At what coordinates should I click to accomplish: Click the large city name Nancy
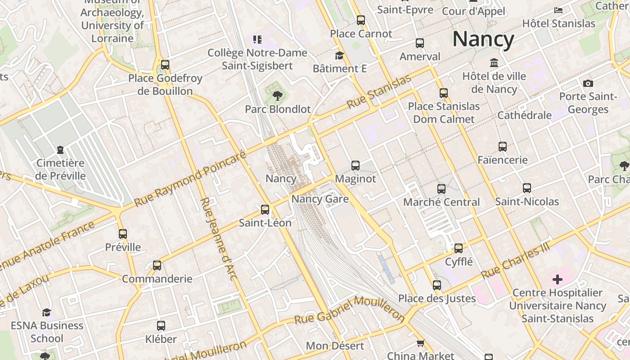[483, 39]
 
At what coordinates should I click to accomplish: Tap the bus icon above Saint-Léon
[265, 209]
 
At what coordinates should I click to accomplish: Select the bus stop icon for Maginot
[355, 166]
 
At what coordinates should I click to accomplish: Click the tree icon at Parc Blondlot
[278, 95]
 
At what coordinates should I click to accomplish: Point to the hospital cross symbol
[558, 279]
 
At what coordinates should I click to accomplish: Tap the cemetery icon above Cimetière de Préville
[60, 149]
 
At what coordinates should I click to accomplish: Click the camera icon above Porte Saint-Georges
[588, 83]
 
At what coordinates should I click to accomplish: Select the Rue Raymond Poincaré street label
[190, 179]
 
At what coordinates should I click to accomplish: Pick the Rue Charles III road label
[516, 261]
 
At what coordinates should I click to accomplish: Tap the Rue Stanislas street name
[379, 92]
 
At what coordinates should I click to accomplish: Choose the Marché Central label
[441, 202]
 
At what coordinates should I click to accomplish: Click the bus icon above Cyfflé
[459, 248]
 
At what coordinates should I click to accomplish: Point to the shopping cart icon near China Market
[421, 343]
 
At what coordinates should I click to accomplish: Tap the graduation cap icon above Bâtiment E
[339, 55]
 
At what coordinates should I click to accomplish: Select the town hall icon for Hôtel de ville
[494, 63]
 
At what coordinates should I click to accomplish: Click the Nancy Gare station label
[320, 199]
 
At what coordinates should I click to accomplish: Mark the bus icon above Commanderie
[157, 265]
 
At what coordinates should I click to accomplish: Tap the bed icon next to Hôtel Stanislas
[558, 10]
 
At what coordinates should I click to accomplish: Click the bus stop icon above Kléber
[161, 325]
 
